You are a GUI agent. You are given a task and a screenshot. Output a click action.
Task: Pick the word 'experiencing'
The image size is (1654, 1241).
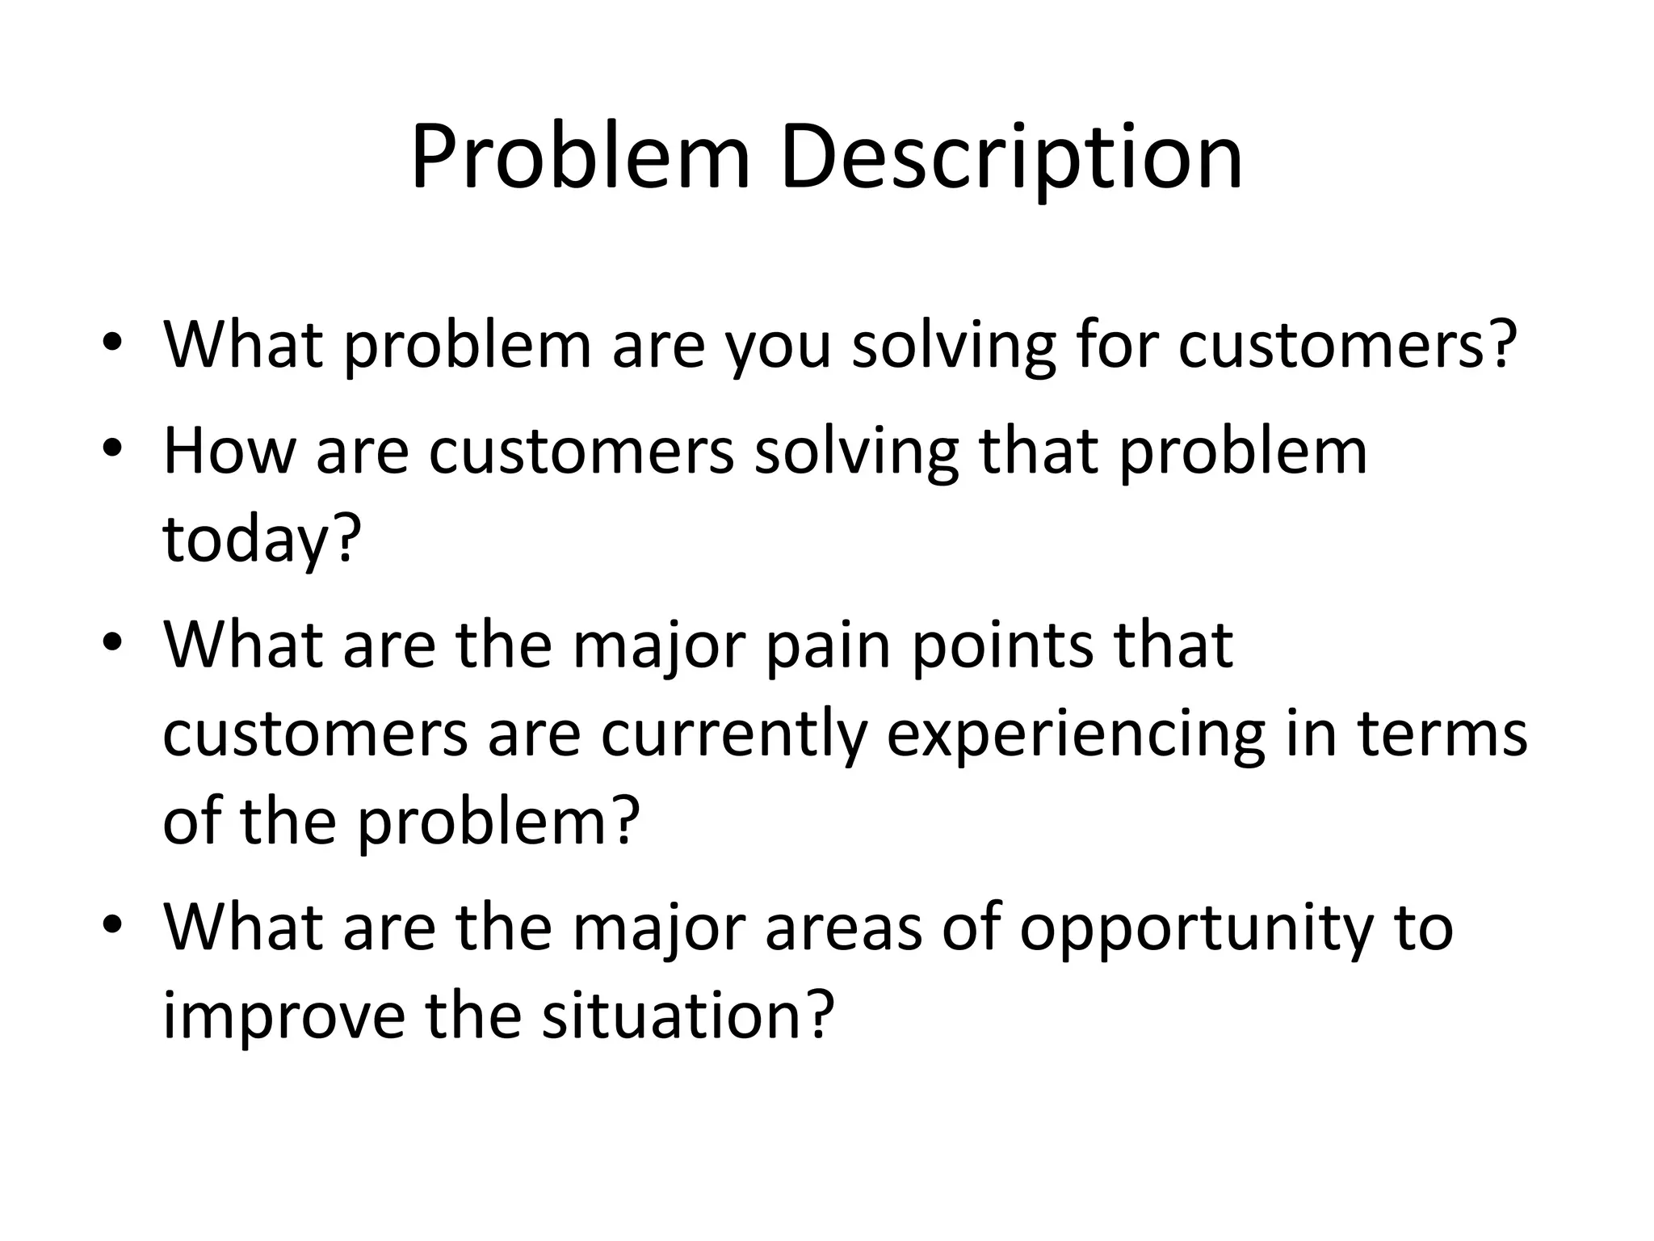tap(1075, 735)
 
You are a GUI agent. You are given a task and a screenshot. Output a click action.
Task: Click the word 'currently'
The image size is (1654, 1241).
tap(733, 735)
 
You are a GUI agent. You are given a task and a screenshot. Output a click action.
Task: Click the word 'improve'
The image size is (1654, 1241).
tap(283, 1017)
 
